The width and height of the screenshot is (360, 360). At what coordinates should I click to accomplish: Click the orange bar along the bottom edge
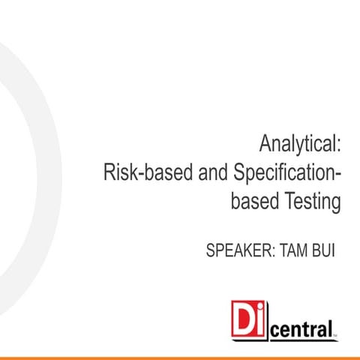pos(180,355)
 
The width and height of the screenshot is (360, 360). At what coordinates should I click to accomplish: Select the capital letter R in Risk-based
pos(109,172)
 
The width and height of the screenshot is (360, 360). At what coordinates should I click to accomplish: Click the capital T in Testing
pos(286,202)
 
